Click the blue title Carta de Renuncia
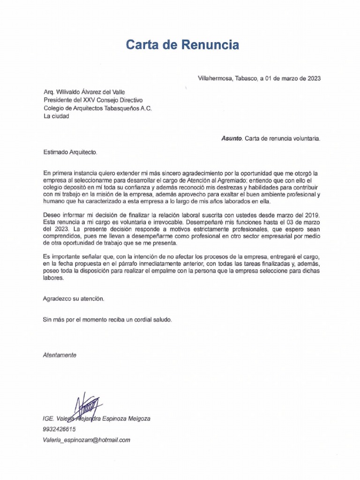(x=182, y=45)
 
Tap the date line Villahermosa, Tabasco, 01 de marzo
(x=259, y=78)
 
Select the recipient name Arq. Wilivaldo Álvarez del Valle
(x=84, y=92)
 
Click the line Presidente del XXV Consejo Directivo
(x=93, y=100)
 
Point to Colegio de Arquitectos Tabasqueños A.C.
(x=97, y=108)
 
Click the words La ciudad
(x=56, y=116)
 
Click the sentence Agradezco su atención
(x=74, y=298)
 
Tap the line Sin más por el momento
(x=107, y=320)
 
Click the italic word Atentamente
(x=60, y=355)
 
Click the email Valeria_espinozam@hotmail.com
(x=86, y=440)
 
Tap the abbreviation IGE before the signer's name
(x=48, y=419)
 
